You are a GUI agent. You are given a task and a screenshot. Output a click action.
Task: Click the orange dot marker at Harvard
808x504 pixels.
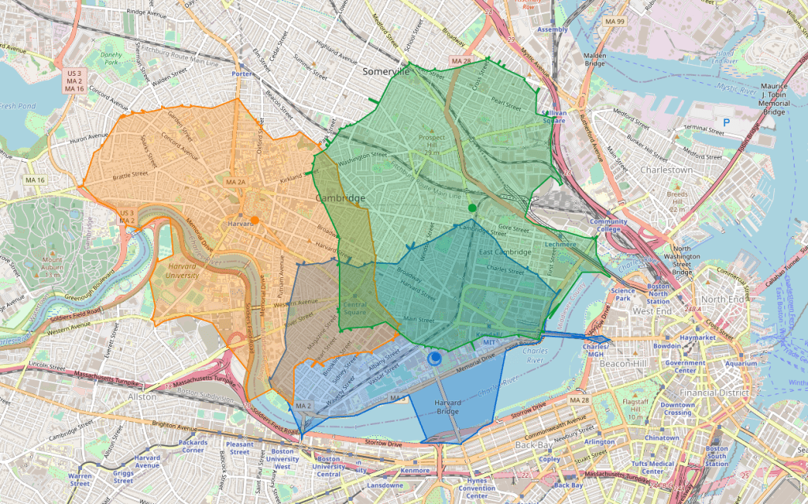point(254,220)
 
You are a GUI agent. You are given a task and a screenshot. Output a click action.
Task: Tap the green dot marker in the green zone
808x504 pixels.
point(472,208)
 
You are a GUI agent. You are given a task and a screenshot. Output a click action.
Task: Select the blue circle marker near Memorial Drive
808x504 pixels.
point(434,359)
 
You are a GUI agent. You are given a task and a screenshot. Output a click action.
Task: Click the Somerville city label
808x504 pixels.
point(385,71)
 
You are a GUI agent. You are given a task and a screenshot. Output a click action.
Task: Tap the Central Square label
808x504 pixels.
point(355,309)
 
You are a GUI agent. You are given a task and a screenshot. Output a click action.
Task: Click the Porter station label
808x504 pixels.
point(242,74)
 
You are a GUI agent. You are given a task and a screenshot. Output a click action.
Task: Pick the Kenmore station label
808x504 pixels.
point(415,471)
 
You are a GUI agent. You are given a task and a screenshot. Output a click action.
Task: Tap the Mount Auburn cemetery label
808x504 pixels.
point(36,264)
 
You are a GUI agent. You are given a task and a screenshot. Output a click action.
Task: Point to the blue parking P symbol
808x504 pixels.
point(725,122)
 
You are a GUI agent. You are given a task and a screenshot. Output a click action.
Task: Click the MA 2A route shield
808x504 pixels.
point(236,182)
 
